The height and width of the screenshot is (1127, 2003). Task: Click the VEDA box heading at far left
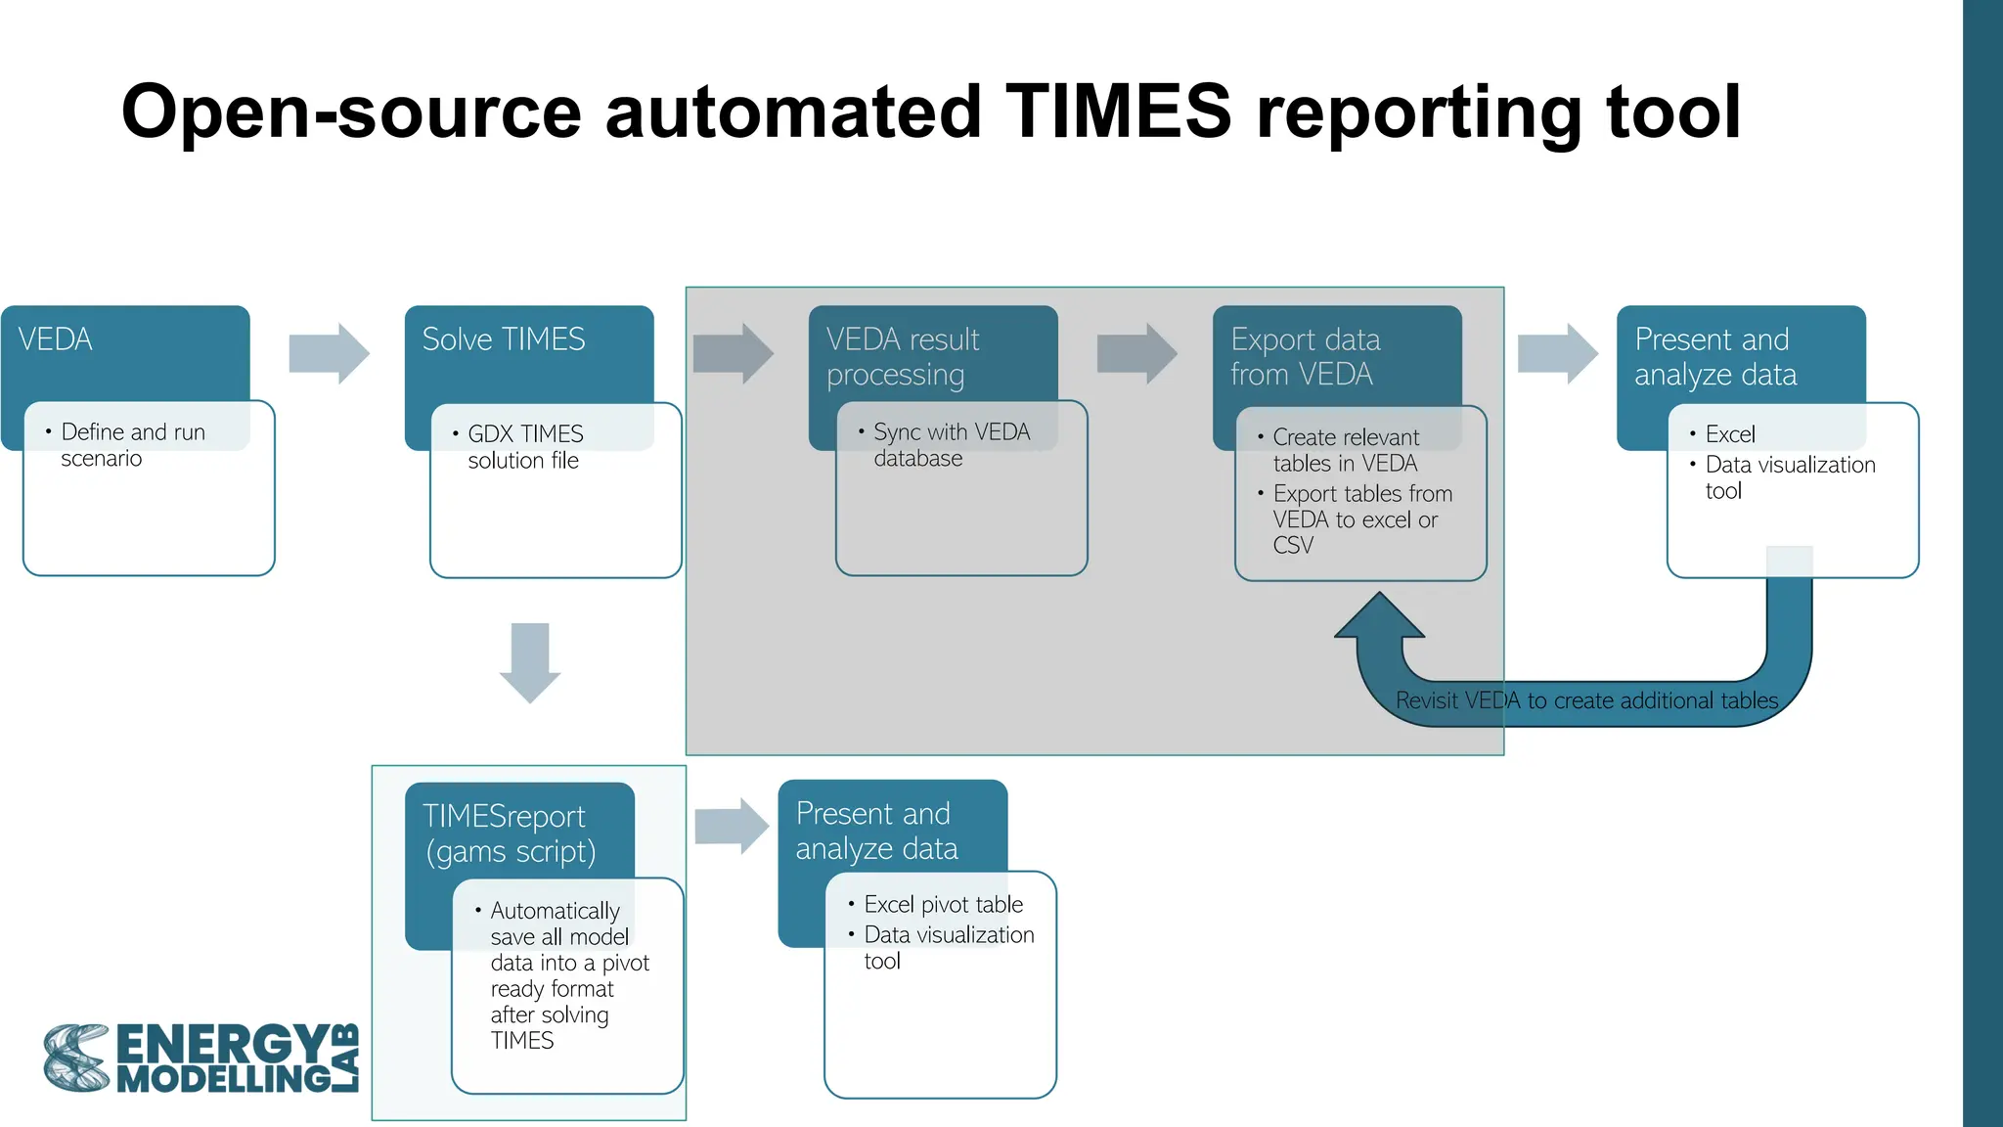(56, 339)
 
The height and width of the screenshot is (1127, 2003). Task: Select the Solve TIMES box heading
(503, 339)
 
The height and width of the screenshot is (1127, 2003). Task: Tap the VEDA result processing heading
(902, 357)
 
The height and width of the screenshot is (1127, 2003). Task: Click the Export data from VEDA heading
(1305, 357)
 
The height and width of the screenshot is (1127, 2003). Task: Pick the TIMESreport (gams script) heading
(509, 834)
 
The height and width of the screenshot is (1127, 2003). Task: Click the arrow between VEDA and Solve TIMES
(329, 353)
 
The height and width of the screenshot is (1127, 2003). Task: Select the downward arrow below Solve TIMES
(530, 662)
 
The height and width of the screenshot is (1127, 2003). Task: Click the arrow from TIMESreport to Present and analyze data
(732, 827)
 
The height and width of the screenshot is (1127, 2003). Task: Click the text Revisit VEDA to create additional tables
(1586, 700)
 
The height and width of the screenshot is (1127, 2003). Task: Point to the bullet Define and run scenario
(132, 445)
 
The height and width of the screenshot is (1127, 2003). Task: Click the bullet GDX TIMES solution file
(524, 447)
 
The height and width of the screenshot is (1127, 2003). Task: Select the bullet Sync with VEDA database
(951, 445)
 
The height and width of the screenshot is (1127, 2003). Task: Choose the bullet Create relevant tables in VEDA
(1345, 450)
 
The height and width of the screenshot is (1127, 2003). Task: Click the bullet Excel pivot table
(943, 905)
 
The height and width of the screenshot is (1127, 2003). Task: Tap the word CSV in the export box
(1293, 546)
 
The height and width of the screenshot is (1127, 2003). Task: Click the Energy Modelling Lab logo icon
(76, 1059)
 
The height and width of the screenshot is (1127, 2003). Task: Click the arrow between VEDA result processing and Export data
(1136, 353)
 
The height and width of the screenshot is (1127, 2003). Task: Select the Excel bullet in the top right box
(1729, 434)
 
